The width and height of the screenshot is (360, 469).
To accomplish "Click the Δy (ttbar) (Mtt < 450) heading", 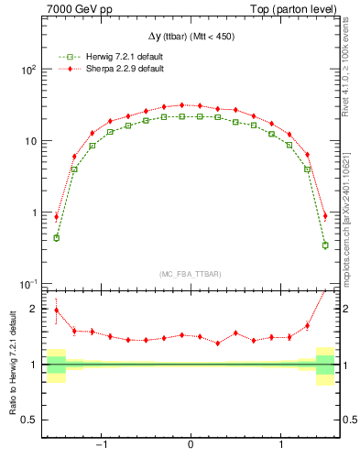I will pos(191,36).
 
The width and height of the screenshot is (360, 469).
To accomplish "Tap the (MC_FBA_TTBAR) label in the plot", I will pos(191,274).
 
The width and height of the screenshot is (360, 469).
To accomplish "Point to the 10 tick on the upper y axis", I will pos(29,142).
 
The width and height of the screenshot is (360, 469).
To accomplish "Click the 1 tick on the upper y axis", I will pos(33,213).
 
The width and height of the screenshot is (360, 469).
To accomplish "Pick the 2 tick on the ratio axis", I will pos(33,309).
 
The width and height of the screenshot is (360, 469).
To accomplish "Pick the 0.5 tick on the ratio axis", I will pos(27,420).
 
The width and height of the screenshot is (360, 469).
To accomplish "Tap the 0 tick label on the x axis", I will pos(191,445).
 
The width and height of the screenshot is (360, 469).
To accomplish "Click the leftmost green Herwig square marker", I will pos(57,237).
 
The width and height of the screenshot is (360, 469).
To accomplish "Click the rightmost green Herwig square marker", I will pos(325,245).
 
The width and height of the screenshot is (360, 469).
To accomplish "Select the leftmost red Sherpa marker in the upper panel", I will pos(57,217).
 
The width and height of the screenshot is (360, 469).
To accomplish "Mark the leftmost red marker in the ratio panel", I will pos(57,310).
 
